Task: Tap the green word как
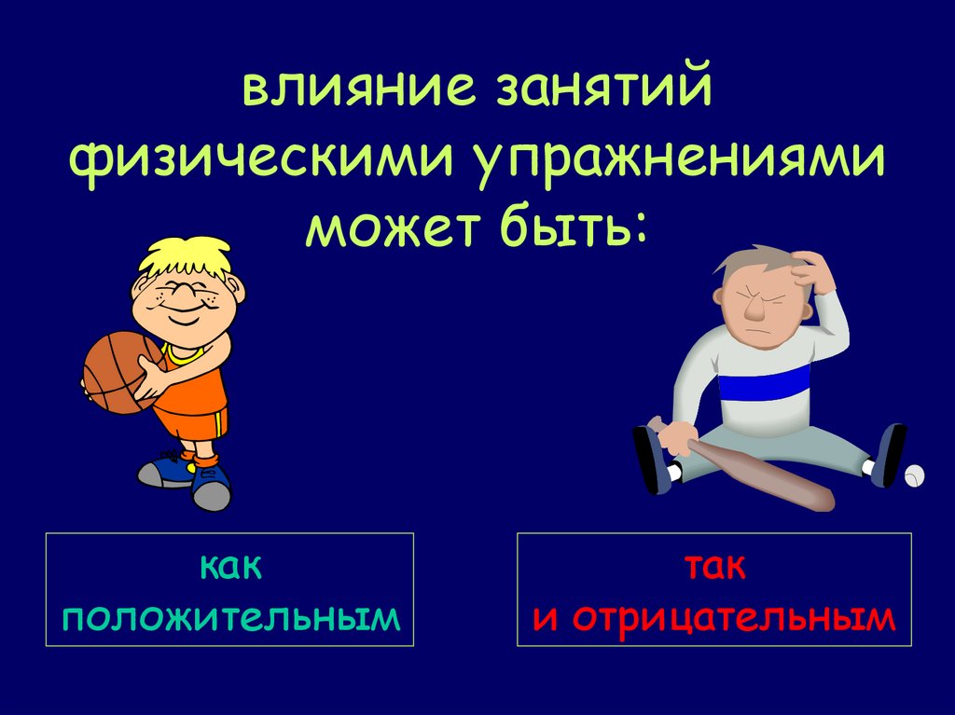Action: pos(229,567)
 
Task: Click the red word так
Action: pos(714,567)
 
